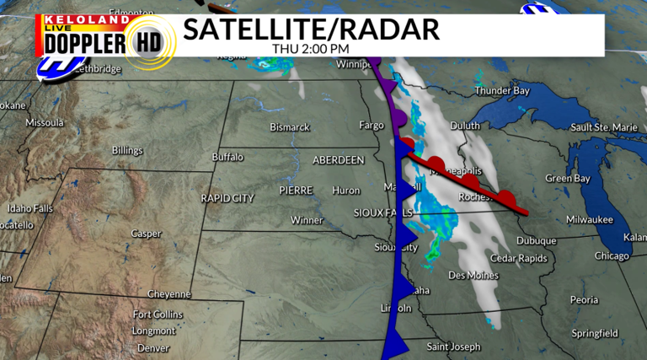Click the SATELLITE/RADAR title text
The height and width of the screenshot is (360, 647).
311,29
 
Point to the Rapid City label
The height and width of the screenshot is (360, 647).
227,198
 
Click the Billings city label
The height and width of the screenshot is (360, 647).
127,150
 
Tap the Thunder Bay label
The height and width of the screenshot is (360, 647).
504,90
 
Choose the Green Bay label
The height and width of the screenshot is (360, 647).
567,178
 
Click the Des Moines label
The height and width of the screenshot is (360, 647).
473,275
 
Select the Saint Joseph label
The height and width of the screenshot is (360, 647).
453,347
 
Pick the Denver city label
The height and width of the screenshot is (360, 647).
152,347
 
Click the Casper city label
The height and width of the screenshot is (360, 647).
146,234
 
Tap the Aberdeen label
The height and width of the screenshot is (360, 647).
338,159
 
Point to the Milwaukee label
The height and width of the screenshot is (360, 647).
589,218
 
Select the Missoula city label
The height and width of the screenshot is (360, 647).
45,122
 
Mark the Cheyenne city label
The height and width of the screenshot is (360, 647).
169,294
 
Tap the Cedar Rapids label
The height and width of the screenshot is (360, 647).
518,258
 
